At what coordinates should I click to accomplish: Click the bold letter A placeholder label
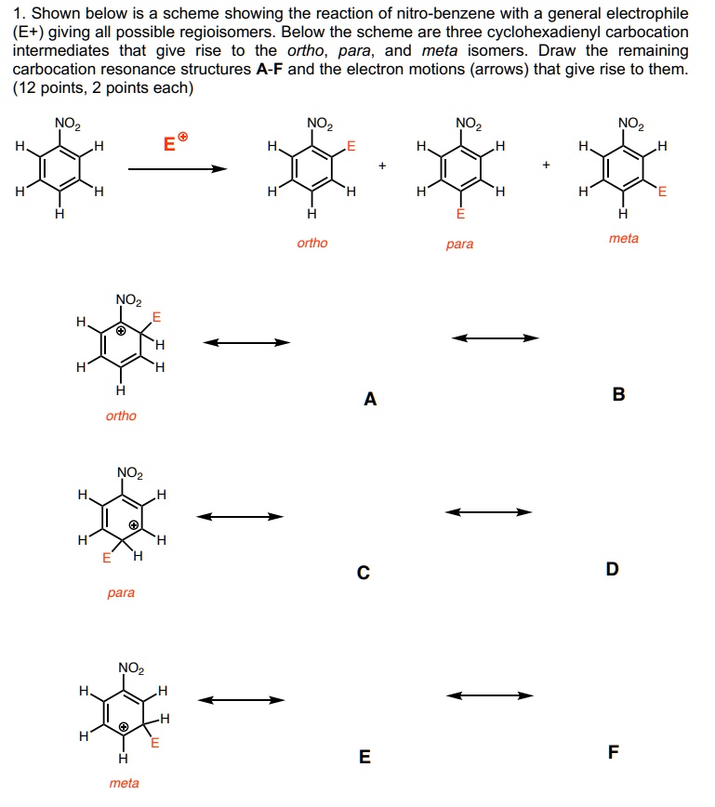pyautogui.click(x=371, y=400)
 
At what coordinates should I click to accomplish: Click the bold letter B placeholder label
pyautogui.click(x=619, y=394)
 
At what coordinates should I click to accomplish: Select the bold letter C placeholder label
pyautogui.click(x=364, y=574)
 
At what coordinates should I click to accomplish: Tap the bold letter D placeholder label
pyautogui.click(x=612, y=569)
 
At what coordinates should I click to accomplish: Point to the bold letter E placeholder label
pyautogui.click(x=364, y=757)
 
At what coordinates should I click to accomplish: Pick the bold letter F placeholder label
pyautogui.click(x=612, y=752)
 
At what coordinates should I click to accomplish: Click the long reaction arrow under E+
pyautogui.click(x=178, y=169)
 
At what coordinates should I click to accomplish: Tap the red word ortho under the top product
pyautogui.click(x=312, y=244)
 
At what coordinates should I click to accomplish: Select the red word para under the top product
pyautogui.click(x=459, y=245)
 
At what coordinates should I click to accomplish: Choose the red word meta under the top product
pyautogui.click(x=623, y=239)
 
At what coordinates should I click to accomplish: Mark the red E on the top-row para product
pyautogui.click(x=459, y=213)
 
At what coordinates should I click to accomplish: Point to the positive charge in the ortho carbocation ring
pyautogui.click(x=121, y=329)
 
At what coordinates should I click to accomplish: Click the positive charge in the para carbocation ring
pyautogui.click(x=134, y=525)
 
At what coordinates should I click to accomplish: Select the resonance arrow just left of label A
pyautogui.click(x=247, y=342)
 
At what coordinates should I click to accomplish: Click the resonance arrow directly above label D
pyautogui.click(x=489, y=511)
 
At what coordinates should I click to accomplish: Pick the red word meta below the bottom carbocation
pyautogui.click(x=124, y=783)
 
